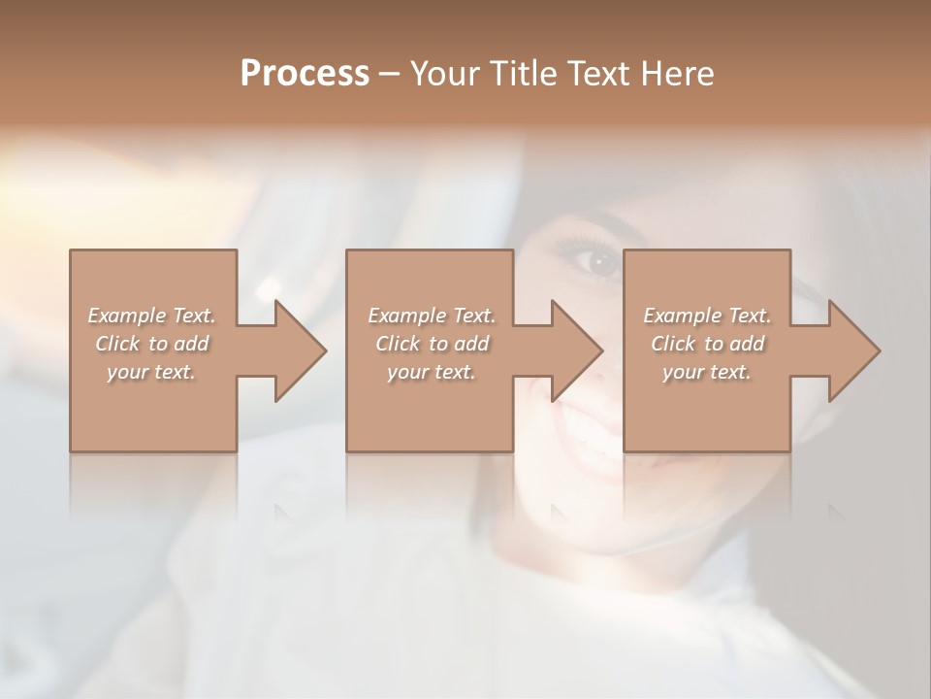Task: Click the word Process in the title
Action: point(305,74)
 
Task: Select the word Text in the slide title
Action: point(596,74)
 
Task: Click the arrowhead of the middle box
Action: point(579,350)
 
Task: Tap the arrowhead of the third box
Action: point(856,350)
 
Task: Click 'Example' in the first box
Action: point(126,316)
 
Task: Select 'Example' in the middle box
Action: point(406,316)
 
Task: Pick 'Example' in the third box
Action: point(682,316)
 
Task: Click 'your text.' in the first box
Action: point(151,372)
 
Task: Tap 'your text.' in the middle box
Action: point(431,372)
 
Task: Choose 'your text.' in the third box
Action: point(706,372)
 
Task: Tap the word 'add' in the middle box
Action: point(471,344)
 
